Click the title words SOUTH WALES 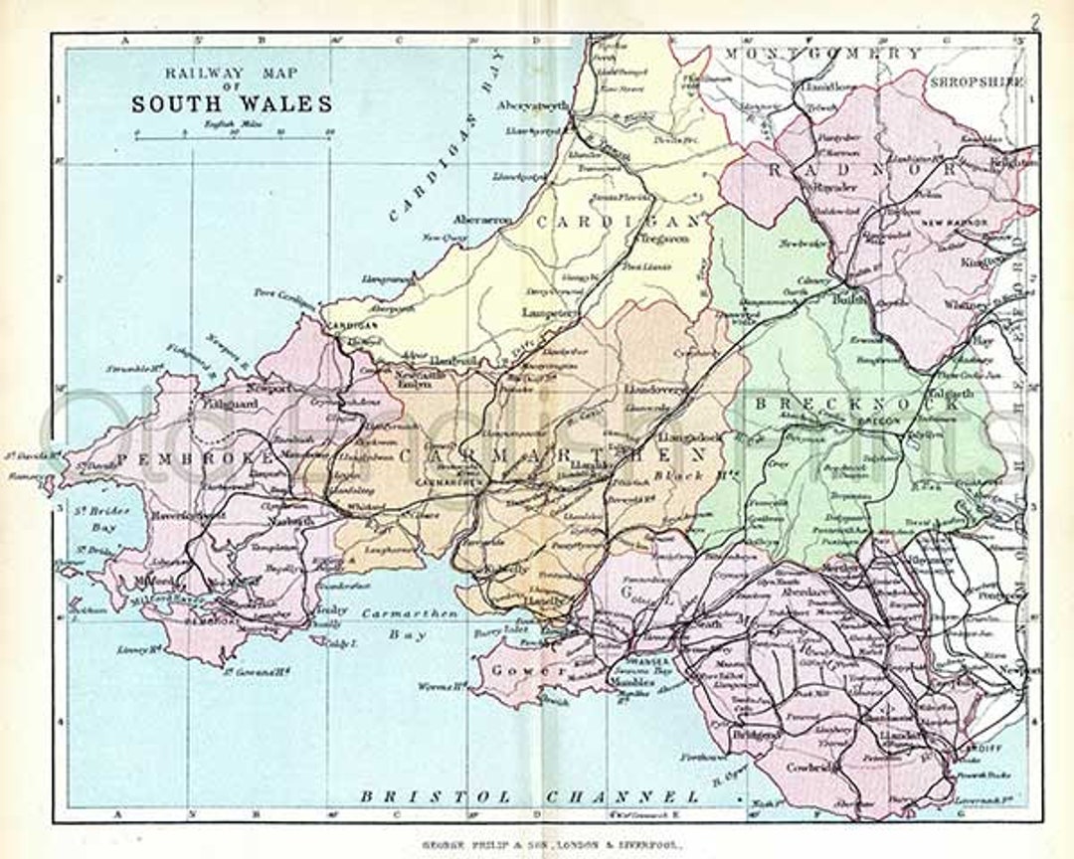[234, 103]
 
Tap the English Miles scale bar [234, 137]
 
